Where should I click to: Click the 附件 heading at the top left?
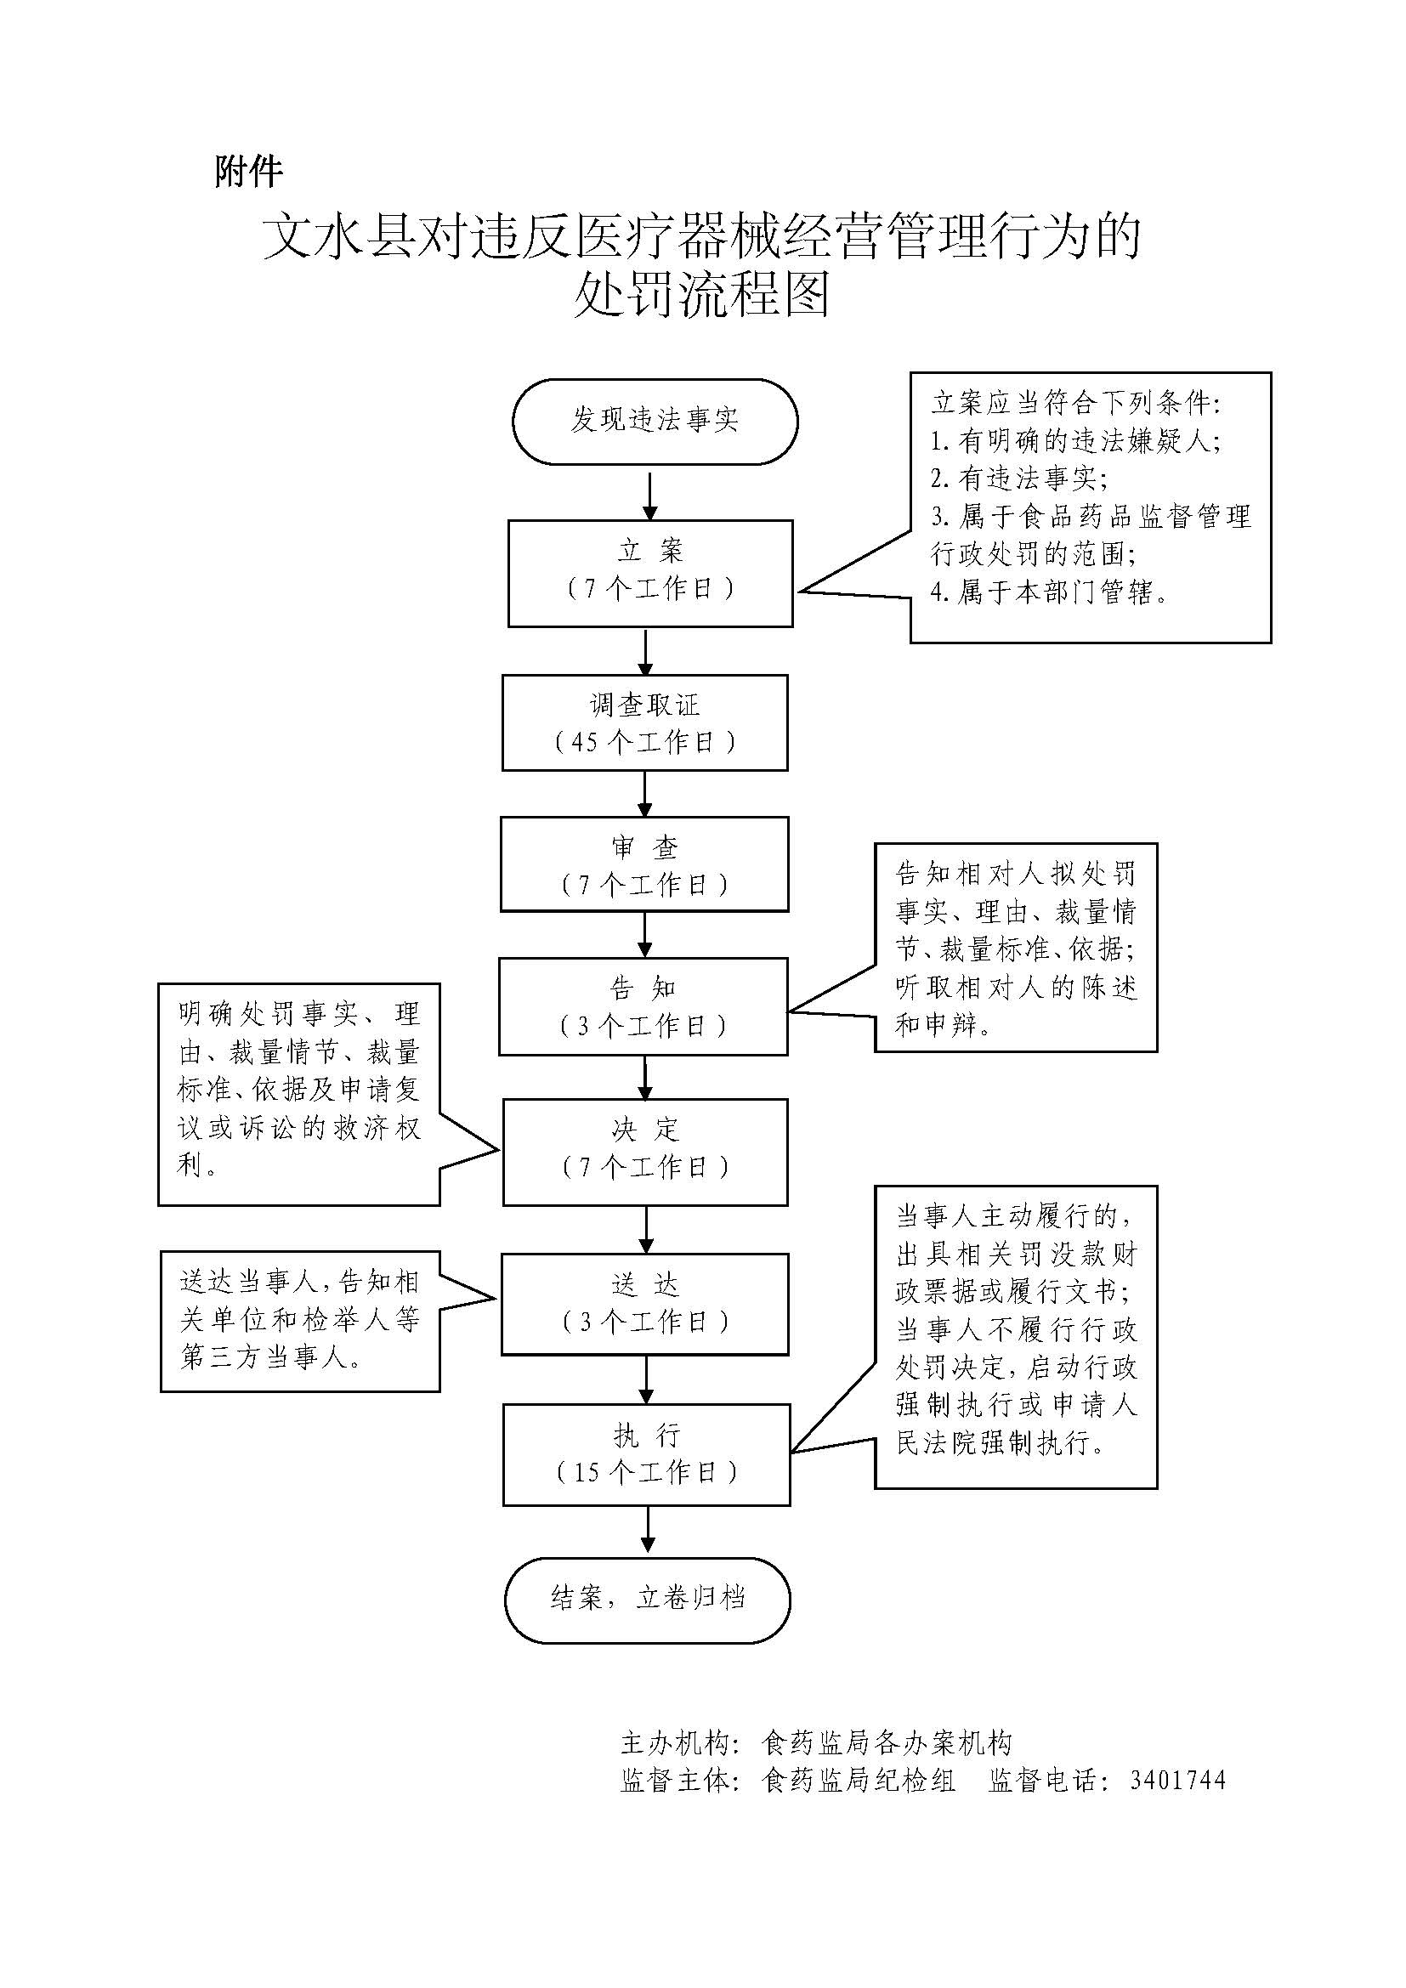click(x=248, y=172)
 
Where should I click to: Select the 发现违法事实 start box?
click(x=655, y=421)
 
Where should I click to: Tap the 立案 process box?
click(x=650, y=572)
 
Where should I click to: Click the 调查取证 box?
click(x=645, y=722)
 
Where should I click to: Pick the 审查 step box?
click(x=644, y=864)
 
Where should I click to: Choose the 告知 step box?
click(x=643, y=1006)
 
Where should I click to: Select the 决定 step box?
click(x=645, y=1152)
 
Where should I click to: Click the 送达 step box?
click(x=645, y=1303)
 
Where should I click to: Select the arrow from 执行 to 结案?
click(x=648, y=1530)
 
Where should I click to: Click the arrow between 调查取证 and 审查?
click(x=645, y=793)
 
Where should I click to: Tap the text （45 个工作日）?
click(x=645, y=742)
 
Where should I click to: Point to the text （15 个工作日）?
click(x=647, y=1472)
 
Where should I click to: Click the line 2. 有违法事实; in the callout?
click(x=1018, y=478)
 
